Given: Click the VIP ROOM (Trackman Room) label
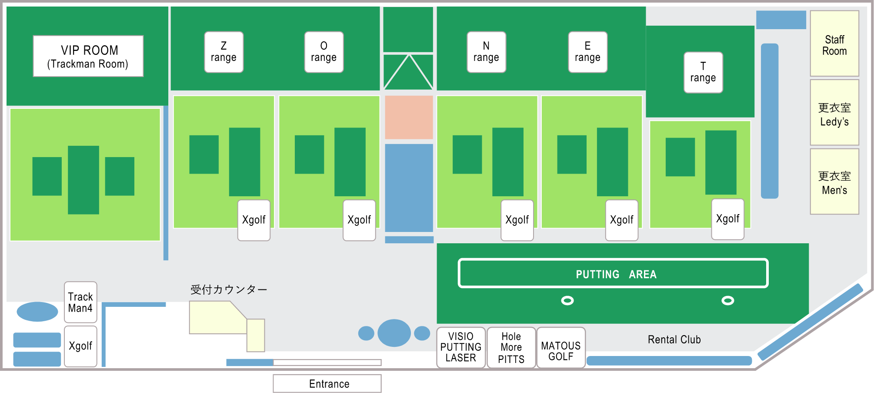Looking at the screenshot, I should pyautogui.click(x=88, y=57).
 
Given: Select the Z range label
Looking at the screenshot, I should pyautogui.click(x=224, y=52).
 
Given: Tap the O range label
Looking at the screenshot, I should pyautogui.click(x=324, y=52).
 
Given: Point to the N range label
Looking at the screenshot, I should pyautogui.click(x=486, y=52).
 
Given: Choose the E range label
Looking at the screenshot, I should pyautogui.click(x=587, y=52).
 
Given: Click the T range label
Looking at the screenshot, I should pyautogui.click(x=703, y=72).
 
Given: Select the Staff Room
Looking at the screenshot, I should pyautogui.click(x=834, y=44).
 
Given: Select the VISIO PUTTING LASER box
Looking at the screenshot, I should pyautogui.click(x=461, y=347).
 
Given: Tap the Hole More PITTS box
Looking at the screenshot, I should pyautogui.click(x=511, y=347).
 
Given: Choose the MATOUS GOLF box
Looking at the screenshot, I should pyautogui.click(x=561, y=347).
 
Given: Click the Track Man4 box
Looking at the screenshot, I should pyautogui.click(x=80, y=302).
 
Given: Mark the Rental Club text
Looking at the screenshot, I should pyautogui.click(x=674, y=339).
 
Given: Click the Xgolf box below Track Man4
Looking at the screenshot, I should pyautogui.click(x=80, y=346).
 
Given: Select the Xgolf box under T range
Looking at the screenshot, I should pyautogui.click(x=727, y=219).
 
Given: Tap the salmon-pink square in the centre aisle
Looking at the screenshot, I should pyautogui.click(x=409, y=118).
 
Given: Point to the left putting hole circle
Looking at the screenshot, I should pyautogui.click(x=567, y=300).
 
